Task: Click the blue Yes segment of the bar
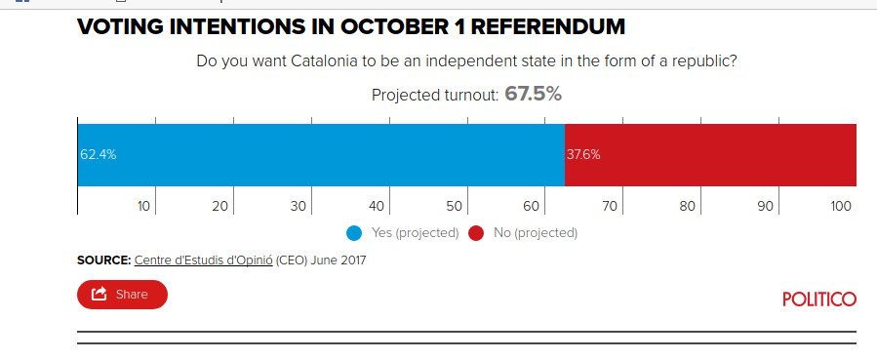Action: pos(322,154)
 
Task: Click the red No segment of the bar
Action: pos(712,154)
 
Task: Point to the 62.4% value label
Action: pos(99,154)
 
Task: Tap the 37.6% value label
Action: pos(583,154)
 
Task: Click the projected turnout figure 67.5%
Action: pos(533,95)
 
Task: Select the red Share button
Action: pos(122,294)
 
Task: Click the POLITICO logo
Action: pos(818,299)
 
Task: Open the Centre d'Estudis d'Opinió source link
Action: pos(203,260)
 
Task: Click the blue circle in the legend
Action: pos(354,233)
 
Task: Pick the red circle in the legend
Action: pos(476,233)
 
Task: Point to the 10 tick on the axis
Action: pos(143,206)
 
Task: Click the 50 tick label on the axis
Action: pos(454,206)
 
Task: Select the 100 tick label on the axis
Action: pos(840,206)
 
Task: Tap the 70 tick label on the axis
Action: pos(610,206)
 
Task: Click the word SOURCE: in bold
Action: pos(103,260)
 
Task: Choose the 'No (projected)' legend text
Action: pos(535,233)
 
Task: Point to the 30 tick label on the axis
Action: pos(299,206)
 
